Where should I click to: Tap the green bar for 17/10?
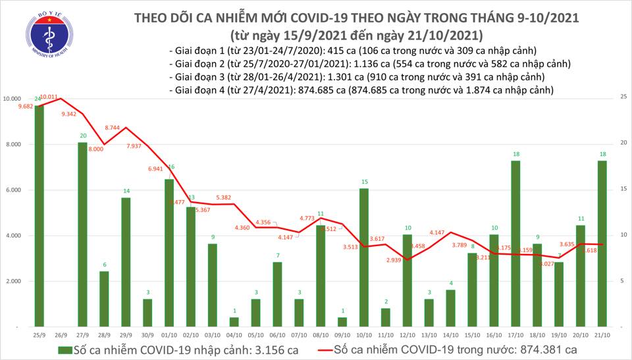point(516,244)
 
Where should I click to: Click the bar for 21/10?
point(602,244)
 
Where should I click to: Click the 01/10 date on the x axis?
point(169,334)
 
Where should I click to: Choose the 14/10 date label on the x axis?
point(451,334)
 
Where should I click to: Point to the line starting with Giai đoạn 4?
point(361,90)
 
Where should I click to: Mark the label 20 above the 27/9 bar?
point(82,136)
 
